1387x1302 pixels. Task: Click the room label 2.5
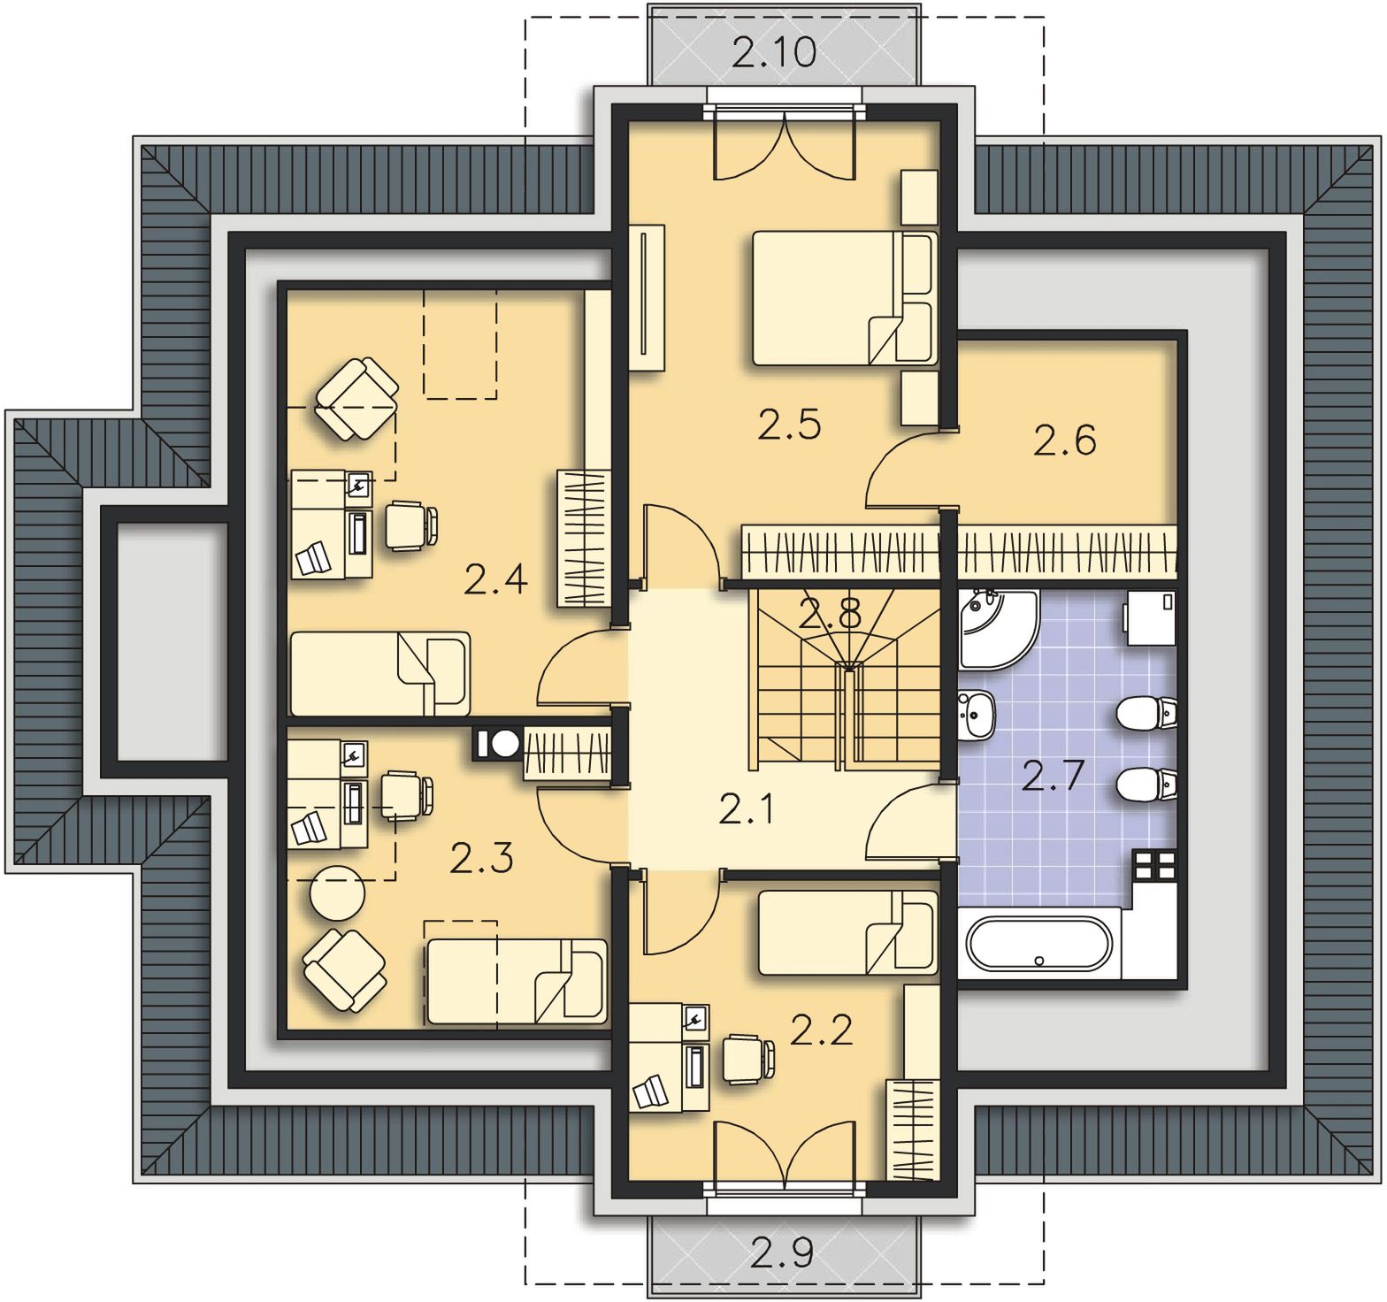click(789, 425)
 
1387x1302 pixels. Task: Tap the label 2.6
click(1064, 440)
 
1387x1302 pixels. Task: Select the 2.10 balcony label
click(774, 52)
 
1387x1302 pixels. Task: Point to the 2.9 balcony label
click(783, 1252)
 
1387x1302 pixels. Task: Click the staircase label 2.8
click(829, 613)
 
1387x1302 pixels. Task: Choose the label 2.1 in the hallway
click(747, 809)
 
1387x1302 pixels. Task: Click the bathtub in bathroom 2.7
click(1038, 946)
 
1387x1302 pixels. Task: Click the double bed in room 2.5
click(844, 298)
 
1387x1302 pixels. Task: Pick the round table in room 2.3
click(337, 893)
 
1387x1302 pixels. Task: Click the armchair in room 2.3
click(344, 969)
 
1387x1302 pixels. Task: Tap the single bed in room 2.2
click(847, 932)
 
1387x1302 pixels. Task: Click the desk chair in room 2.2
click(748, 1058)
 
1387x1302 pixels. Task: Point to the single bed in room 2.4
click(380, 673)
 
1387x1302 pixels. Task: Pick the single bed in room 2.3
click(517, 982)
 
